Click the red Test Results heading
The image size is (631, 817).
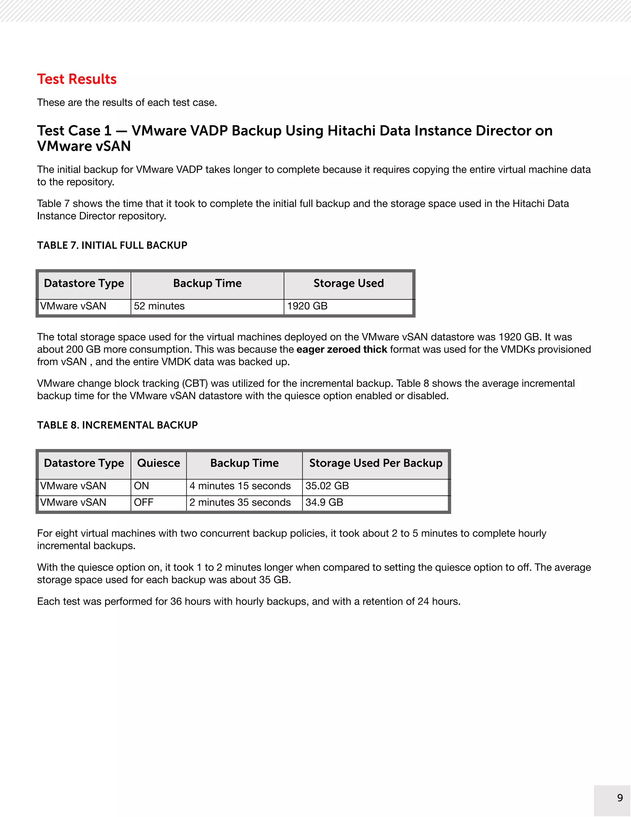click(77, 79)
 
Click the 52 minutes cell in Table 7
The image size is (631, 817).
click(159, 306)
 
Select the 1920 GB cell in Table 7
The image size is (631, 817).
click(307, 306)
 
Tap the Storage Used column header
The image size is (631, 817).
click(348, 283)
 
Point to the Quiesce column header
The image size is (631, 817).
click(158, 463)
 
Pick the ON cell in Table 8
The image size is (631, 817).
click(141, 486)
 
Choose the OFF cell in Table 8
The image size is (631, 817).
click(144, 502)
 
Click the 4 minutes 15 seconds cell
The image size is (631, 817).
click(240, 486)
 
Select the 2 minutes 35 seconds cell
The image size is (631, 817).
click(240, 502)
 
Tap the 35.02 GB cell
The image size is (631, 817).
click(327, 486)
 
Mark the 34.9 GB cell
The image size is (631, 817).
click(324, 502)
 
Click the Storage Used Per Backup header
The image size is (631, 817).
click(376, 463)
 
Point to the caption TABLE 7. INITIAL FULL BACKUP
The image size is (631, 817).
click(112, 245)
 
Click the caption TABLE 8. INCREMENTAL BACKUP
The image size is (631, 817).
click(117, 425)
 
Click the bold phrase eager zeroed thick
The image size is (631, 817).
click(342, 349)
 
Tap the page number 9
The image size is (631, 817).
click(620, 798)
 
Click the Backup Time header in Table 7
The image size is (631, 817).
click(207, 283)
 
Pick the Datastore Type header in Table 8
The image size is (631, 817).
click(84, 463)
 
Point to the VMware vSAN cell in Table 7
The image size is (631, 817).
click(73, 306)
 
